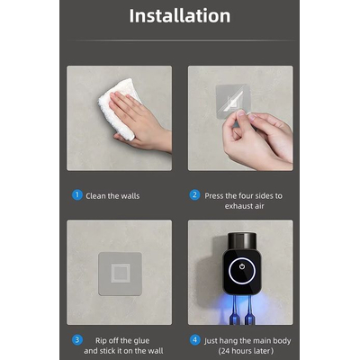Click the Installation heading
(180, 15)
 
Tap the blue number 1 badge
(77, 195)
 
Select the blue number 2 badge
(194, 195)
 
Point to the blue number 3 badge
(77, 340)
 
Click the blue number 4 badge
(194, 340)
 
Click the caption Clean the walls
(112, 196)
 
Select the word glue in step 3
(141, 341)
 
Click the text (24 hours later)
(246, 351)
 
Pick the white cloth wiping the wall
(119, 108)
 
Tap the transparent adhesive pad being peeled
(233, 102)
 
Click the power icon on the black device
(242, 266)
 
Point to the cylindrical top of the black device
(242, 241)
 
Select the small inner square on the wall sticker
(121, 273)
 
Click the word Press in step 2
(214, 196)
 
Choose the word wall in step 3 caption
(156, 351)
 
